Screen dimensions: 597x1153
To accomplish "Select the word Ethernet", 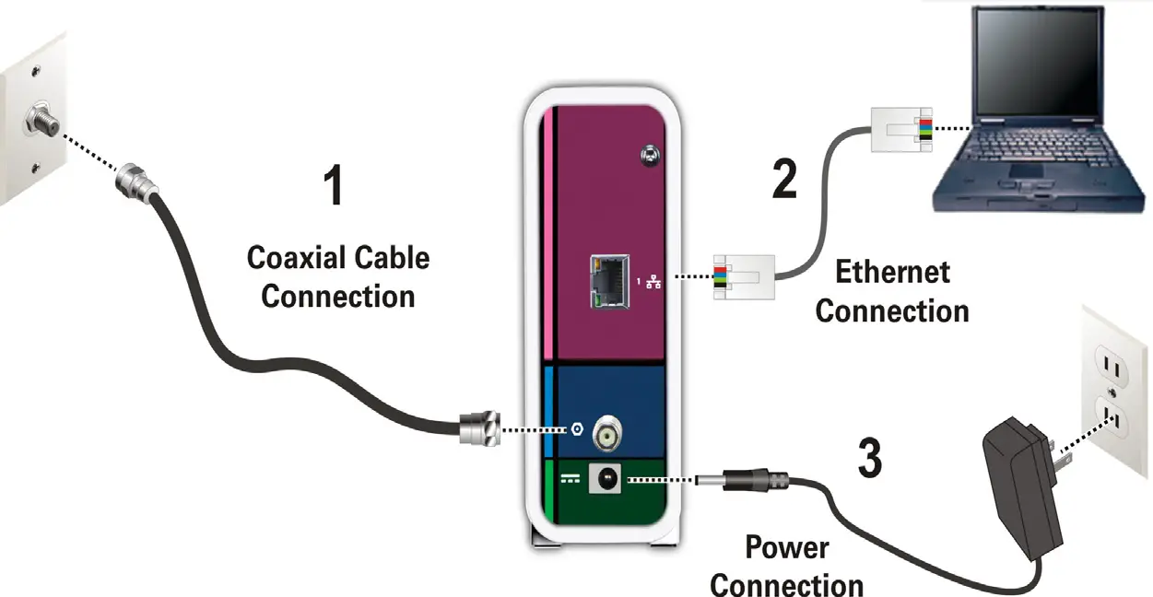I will point(891,273).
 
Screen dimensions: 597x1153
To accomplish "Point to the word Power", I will point(786,548).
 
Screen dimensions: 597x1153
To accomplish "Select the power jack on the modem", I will point(608,478).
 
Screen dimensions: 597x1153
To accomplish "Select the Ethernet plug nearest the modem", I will point(743,277).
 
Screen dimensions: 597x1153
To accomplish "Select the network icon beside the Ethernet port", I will point(655,279).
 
